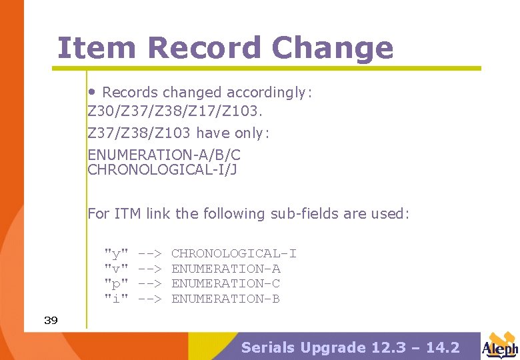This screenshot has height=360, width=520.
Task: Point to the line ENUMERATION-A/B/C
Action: click(164, 155)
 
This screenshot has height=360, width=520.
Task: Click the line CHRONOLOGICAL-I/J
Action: click(163, 170)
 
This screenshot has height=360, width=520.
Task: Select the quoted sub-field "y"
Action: click(116, 254)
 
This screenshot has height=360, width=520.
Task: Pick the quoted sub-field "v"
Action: click(116, 269)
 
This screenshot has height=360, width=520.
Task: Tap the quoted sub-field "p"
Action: click(116, 284)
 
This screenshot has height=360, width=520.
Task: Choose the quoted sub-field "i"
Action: click(116, 299)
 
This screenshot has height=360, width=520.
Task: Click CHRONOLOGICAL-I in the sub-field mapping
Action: click(234, 253)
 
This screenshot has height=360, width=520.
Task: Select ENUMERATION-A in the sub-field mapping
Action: click(226, 269)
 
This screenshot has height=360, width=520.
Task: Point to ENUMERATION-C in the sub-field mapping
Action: click(226, 283)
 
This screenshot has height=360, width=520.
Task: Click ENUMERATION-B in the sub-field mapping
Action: click(226, 299)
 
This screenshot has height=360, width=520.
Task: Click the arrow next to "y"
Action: click(150, 253)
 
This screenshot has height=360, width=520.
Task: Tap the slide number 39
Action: click(51, 321)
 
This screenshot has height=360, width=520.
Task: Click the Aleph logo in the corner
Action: click(499, 346)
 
